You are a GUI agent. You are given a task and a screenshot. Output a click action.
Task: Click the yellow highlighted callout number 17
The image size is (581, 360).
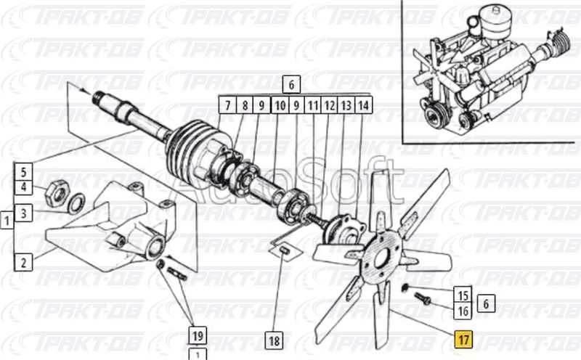(x=463, y=339)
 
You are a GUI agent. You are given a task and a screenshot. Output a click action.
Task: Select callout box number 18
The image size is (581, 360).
(x=275, y=340)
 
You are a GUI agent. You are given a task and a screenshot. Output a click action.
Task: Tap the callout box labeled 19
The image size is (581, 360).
(x=198, y=335)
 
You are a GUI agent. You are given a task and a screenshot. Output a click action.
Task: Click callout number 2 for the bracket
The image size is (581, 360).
(x=24, y=262)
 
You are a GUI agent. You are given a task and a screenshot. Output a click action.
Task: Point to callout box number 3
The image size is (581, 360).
(x=24, y=213)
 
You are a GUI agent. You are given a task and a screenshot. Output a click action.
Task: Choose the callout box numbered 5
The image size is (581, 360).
(x=24, y=171)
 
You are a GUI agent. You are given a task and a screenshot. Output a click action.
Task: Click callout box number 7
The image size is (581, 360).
(x=227, y=105)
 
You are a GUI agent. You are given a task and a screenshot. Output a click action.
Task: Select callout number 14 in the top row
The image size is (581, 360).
(x=364, y=105)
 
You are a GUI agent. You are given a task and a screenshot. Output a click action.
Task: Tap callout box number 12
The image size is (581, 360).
(x=330, y=105)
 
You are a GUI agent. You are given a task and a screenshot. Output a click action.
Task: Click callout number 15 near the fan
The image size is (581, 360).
(x=463, y=295)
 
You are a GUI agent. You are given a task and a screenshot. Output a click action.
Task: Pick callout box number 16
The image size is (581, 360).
(x=463, y=311)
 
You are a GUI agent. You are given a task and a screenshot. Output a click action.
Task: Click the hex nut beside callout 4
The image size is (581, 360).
(x=57, y=192)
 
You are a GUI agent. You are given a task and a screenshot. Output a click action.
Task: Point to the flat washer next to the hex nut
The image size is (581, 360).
(x=76, y=203)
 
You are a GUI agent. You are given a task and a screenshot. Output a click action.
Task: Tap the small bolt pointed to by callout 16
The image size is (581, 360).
(x=422, y=298)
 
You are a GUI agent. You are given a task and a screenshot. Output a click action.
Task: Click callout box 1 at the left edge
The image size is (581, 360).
(x=7, y=221)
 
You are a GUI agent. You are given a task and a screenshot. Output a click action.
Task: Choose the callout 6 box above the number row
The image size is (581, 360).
(x=291, y=85)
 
